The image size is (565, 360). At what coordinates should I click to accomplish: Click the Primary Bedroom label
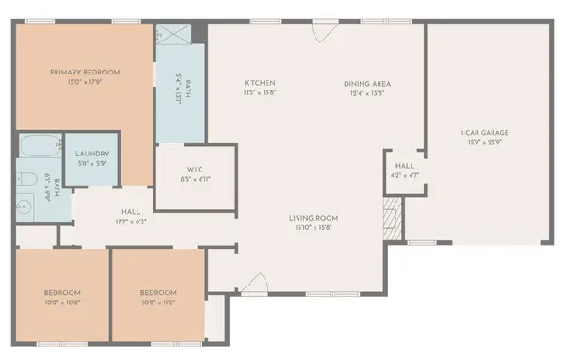click(86, 73)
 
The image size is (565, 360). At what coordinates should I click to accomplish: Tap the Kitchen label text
click(260, 83)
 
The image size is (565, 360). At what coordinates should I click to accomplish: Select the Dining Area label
click(368, 83)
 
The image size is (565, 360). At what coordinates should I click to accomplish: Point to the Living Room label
click(314, 218)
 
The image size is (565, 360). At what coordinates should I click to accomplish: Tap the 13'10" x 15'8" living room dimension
click(314, 227)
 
